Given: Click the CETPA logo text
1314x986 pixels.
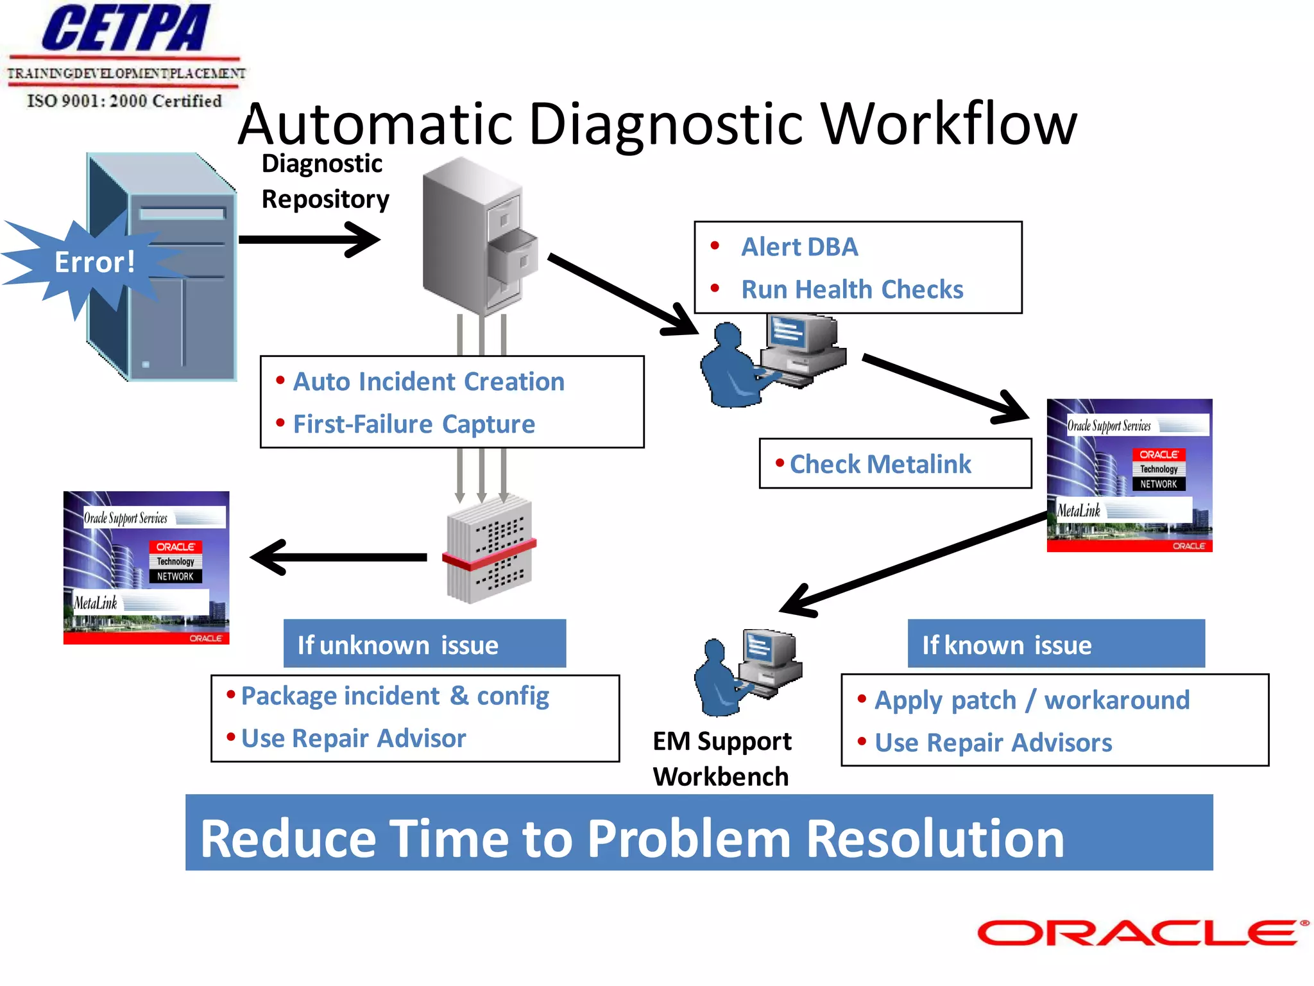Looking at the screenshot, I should tap(126, 29).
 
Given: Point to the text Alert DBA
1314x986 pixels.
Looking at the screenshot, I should tap(799, 247).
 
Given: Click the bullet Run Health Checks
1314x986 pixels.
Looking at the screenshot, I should tap(852, 290).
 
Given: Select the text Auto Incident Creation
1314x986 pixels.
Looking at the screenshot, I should tap(429, 382).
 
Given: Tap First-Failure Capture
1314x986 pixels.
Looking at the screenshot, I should tap(414, 424).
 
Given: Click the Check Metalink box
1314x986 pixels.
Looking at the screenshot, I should tap(894, 464).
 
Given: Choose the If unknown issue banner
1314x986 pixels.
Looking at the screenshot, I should tap(424, 644).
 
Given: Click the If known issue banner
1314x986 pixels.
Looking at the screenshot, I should tap(1055, 644).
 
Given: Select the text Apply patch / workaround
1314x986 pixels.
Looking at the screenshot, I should tap(1032, 700).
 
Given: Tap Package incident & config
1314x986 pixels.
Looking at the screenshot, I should tap(395, 696).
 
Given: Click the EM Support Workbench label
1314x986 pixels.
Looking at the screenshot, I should tap(721, 759).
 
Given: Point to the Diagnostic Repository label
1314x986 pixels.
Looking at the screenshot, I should tap(325, 182).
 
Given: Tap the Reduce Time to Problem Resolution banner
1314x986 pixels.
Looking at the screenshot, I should tap(698, 833).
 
